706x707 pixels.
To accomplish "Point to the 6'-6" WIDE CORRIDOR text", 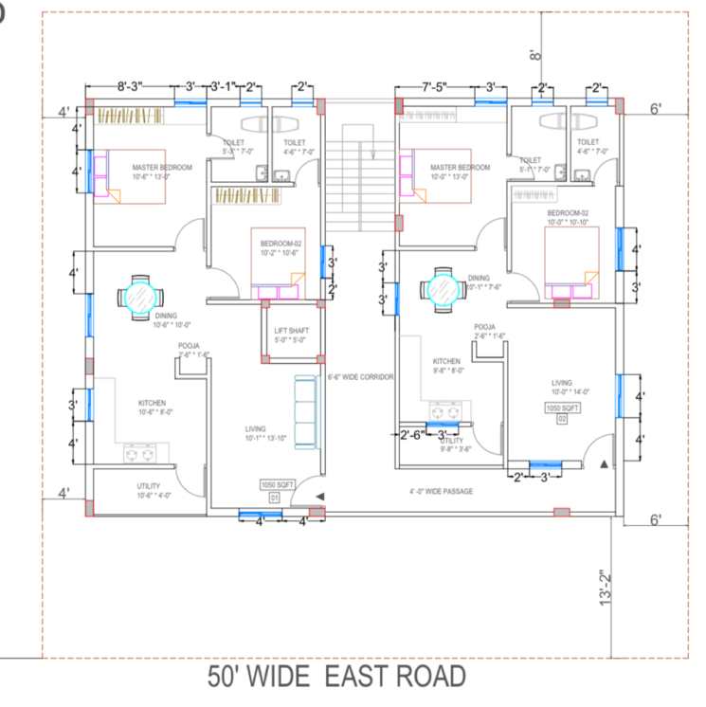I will coord(360,377).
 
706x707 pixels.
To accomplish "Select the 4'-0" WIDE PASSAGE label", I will coord(441,492).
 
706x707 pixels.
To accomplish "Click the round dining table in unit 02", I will coord(444,289).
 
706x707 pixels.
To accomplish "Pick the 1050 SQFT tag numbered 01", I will coord(275,490).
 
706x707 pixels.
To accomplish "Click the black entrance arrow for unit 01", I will coord(318,496).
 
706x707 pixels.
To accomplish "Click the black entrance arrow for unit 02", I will coord(604,463).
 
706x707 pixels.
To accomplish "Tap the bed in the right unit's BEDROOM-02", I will coord(571,260).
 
